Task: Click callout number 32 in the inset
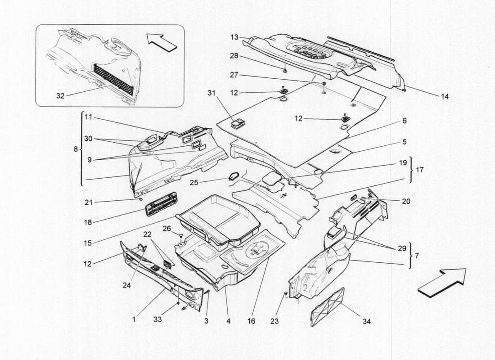pyautogui.click(x=60, y=95)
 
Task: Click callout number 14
pyautogui.click(x=445, y=96)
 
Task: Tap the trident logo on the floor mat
pyautogui.click(x=258, y=251)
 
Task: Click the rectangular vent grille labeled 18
pyautogui.click(x=160, y=204)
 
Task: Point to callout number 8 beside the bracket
pyautogui.click(x=76, y=148)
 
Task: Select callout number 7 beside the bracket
pyautogui.click(x=417, y=255)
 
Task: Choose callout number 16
pyautogui.click(x=251, y=322)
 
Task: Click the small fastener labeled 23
pyautogui.click(x=286, y=294)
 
